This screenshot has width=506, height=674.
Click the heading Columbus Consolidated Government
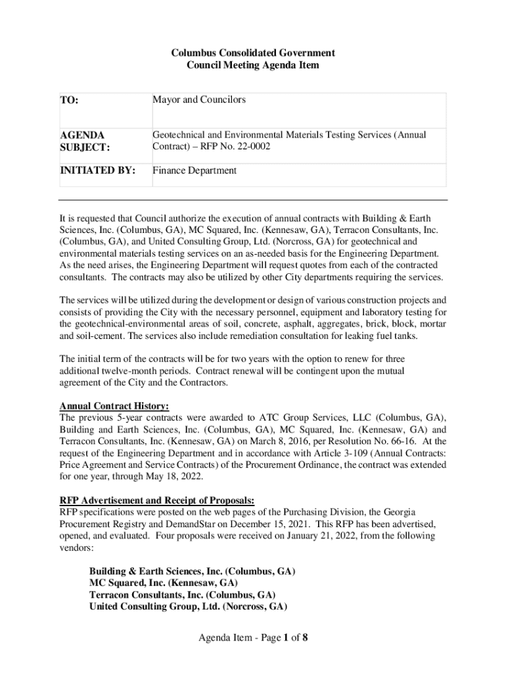253,53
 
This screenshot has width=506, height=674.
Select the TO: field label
69,101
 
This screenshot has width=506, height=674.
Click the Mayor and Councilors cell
199,100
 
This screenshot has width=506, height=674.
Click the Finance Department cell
195,170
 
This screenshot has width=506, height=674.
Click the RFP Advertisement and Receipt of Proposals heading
157,500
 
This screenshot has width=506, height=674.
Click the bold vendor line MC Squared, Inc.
164,583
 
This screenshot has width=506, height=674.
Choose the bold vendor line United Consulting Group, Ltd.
188,606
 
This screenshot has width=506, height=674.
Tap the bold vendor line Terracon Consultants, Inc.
182,594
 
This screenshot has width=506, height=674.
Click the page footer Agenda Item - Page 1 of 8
253,637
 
